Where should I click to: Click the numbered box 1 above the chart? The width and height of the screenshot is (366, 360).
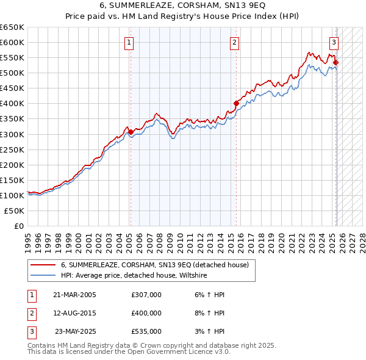[130, 42]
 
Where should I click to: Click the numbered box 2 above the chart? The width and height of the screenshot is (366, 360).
[235, 42]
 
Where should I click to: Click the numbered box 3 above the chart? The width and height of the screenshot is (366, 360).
[334, 42]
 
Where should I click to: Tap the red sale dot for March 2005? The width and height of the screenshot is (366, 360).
[131, 132]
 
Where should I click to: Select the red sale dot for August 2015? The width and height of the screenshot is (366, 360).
[236, 103]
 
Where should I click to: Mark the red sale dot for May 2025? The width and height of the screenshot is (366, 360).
[336, 62]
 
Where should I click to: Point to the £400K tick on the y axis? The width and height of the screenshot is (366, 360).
[12, 104]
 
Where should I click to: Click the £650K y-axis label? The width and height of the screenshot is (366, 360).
[12, 27]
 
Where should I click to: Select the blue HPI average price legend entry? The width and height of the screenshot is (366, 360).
[134, 276]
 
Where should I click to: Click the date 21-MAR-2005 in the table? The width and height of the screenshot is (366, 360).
[74, 295]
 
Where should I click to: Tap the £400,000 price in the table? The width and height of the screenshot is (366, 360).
[146, 313]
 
